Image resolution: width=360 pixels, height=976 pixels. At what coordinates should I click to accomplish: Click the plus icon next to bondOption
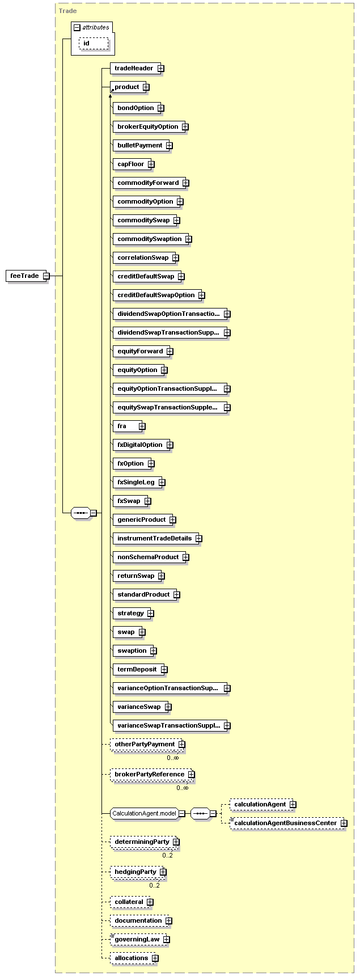(161, 108)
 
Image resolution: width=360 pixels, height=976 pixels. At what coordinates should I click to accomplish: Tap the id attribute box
(93, 44)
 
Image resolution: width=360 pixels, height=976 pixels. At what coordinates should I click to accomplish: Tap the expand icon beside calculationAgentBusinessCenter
(344, 823)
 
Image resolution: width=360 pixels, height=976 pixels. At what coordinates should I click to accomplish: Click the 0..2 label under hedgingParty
(155, 885)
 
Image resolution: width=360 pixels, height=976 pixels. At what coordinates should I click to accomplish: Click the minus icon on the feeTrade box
(46, 276)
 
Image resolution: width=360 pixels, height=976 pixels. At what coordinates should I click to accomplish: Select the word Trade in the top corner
(67, 11)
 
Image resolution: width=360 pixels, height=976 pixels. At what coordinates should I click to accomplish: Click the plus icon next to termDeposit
(164, 670)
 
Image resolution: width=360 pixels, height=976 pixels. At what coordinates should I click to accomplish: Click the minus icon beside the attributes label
(77, 27)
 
